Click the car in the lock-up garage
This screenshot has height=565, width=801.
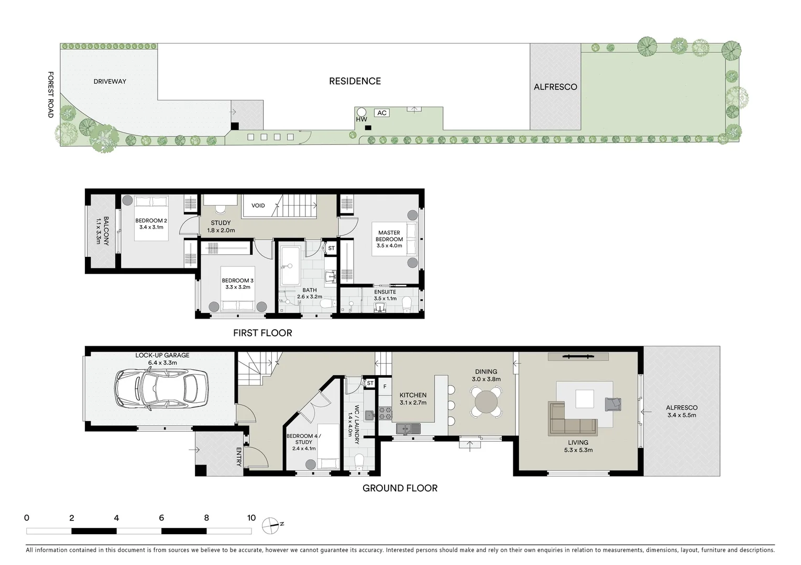coord(161,390)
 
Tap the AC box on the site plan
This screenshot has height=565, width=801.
coord(382,113)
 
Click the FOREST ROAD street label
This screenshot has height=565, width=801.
coord(51,95)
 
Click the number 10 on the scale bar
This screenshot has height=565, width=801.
coord(251,518)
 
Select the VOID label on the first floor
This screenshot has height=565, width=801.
coord(258,206)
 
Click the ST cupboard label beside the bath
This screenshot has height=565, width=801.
coord(331,248)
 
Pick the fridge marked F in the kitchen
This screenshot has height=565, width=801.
coord(385,387)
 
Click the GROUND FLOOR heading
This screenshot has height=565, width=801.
coord(400,488)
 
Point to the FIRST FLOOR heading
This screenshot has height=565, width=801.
coord(262,333)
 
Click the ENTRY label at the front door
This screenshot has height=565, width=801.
coord(239,457)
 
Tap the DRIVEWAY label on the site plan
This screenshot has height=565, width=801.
coord(109,82)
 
